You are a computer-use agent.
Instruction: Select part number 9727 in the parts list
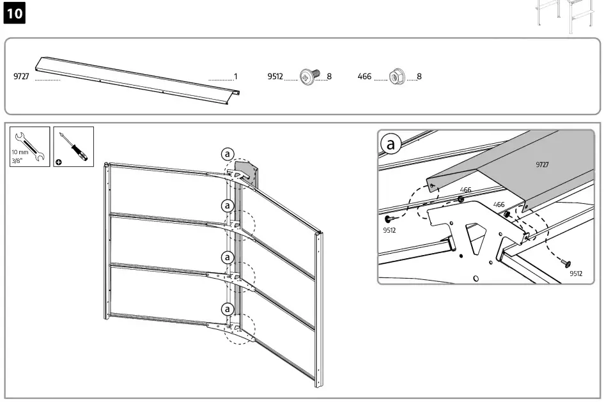pos(22,77)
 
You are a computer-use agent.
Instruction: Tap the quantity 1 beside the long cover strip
pos(235,77)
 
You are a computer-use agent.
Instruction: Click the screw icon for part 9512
pos(309,77)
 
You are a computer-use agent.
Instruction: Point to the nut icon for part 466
pos(396,77)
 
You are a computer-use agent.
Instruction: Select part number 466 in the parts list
pos(364,77)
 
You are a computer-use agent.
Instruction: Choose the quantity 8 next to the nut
pos(419,77)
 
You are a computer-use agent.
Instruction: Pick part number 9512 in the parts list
pos(275,77)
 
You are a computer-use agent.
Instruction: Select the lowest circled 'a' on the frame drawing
pos(226,309)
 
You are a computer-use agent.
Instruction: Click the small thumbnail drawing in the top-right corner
pos(566,14)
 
